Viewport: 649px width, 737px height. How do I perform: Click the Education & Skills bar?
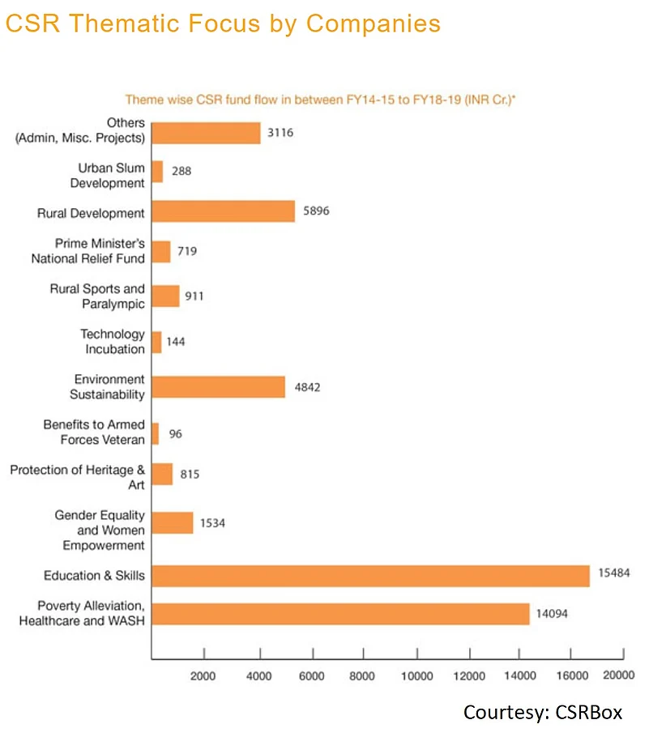(370, 576)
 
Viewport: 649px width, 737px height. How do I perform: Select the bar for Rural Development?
(223, 212)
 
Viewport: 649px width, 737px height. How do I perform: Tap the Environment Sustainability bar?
(218, 387)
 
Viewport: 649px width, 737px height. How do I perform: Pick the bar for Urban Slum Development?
(157, 172)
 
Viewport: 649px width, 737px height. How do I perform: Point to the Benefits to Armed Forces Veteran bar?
(156, 433)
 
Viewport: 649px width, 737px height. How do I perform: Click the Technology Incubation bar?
(156, 342)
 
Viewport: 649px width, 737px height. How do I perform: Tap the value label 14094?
(552, 614)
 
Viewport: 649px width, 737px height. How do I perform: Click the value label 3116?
(278, 133)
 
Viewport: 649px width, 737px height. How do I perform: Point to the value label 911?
(194, 296)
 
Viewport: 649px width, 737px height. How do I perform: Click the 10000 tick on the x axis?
(416, 675)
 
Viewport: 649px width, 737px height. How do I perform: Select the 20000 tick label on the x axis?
(618, 675)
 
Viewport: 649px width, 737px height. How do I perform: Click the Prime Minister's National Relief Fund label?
(88, 251)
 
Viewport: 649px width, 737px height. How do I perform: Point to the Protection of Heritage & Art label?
(78, 477)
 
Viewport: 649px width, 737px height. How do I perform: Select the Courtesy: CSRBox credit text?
(543, 713)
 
